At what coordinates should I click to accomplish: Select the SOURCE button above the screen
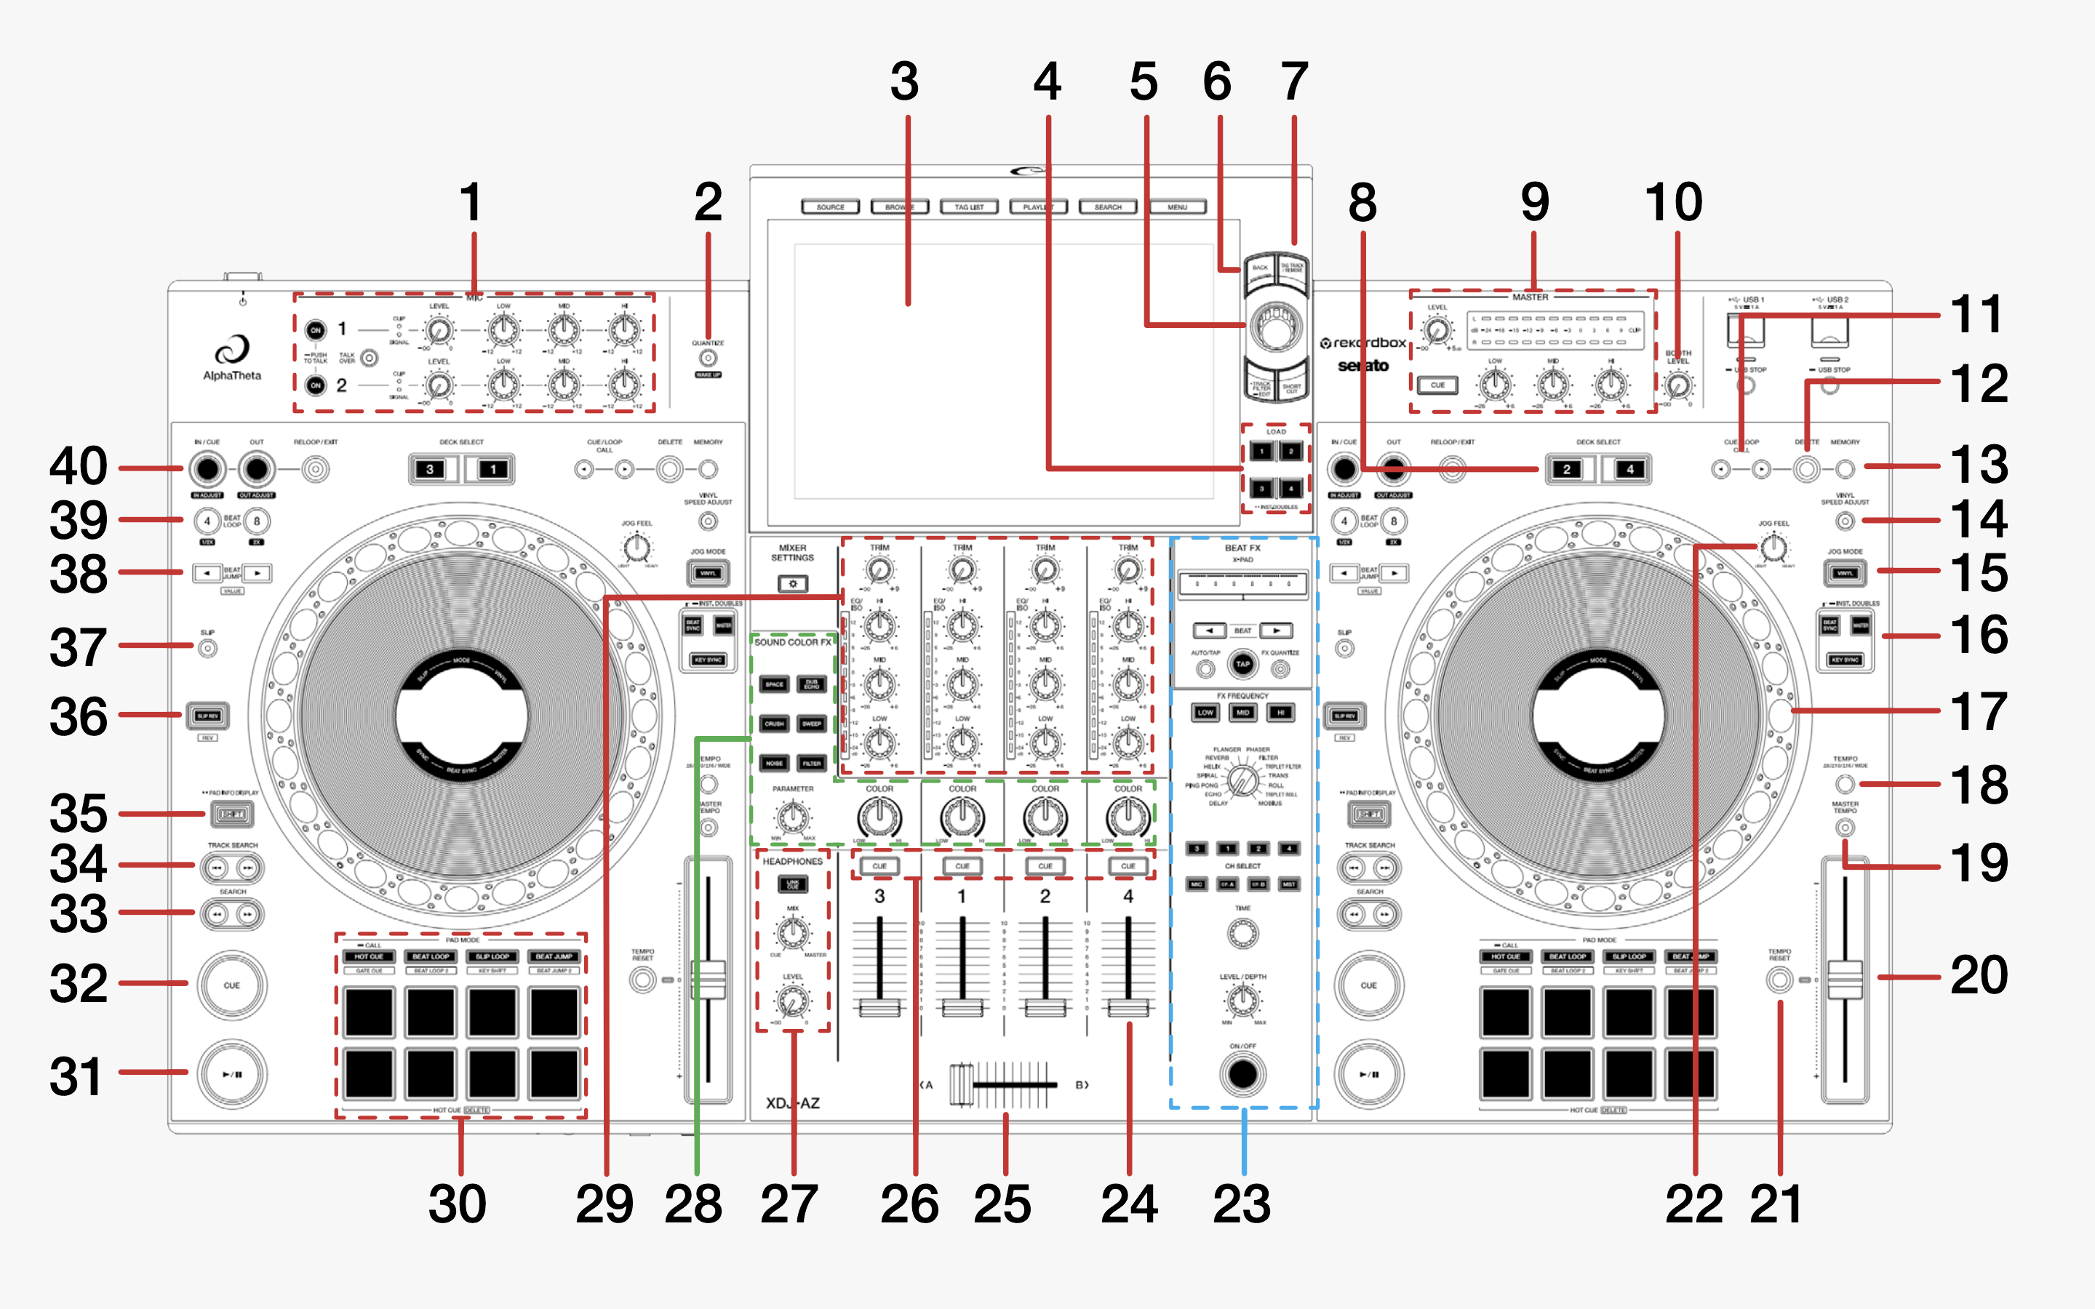pos(830,207)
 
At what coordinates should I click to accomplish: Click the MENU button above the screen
pos(1178,207)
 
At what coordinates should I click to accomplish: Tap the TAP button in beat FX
pos(1242,664)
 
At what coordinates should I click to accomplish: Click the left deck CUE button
pos(232,985)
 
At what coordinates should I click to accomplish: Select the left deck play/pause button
pos(232,1074)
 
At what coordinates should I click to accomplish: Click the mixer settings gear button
pos(792,585)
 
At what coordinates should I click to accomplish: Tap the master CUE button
pos(1437,385)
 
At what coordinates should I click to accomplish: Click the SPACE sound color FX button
pos(774,684)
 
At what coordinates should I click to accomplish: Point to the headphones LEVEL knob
pos(792,1001)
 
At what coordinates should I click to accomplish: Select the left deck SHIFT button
pos(232,814)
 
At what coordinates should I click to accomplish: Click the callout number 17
pos(1979,712)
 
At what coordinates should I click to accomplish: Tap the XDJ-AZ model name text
pos(792,1103)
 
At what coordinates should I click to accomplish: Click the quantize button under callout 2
pos(708,358)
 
